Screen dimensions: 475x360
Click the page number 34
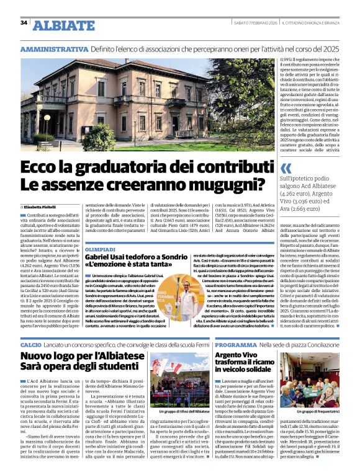tap(24, 23)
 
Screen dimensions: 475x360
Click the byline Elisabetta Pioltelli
tap(41, 206)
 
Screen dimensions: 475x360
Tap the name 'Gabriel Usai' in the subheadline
tap(107, 257)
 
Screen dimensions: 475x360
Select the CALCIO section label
tap(31, 344)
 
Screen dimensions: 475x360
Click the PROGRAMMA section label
tap(233, 344)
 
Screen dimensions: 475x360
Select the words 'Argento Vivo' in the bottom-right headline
tap(235, 355)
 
